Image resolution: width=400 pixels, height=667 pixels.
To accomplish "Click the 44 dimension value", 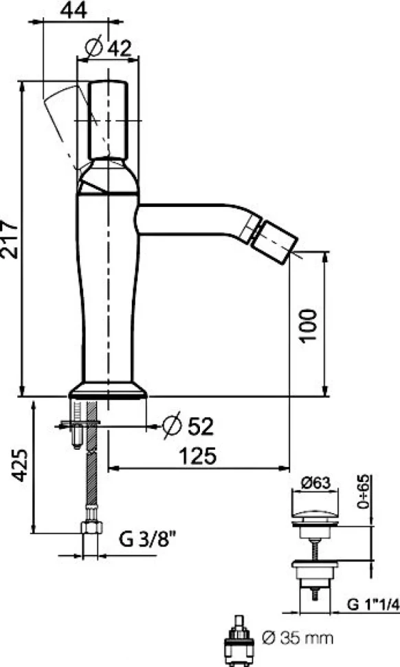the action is [x=74, y=10].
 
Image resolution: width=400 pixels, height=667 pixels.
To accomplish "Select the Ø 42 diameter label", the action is [x=108, y=47].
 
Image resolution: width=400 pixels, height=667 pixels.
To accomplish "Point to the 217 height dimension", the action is [x=10, y=239].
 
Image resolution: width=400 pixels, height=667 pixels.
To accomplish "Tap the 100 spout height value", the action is [x=307, y=325].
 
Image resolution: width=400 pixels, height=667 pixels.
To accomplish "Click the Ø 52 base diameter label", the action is [x=188, y=425].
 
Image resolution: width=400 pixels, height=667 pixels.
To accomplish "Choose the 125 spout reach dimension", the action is [x=197, y=456].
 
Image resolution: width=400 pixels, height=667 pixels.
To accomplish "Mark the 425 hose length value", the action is [x=19, y=465].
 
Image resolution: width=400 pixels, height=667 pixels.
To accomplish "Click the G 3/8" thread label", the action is [x=147, y=540].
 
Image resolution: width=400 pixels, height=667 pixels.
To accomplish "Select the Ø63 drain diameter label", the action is [x=315, y=483].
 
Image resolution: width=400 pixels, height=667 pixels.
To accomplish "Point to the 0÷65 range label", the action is [x=364, y=492].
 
